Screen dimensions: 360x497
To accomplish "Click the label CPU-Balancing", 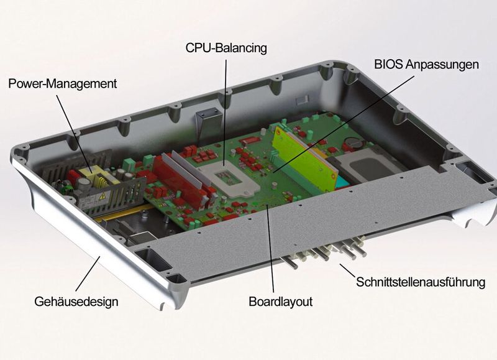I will pyautogui.click(x=226, y=47).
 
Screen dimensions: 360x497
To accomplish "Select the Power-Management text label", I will pyautogui.click(x=62, y=83).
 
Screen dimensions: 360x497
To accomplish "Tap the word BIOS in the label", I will pyautogui.click(x=389, y=64).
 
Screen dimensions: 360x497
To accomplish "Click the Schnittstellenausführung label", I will pyautogui.click(x=420, y=282).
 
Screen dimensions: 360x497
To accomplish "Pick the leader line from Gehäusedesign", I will pyautogui.click(x=88, y=274).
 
